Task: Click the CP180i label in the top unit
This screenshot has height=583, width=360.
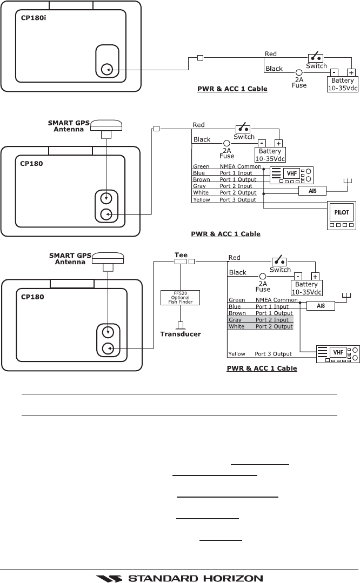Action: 30,26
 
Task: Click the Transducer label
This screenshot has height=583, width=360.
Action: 181,334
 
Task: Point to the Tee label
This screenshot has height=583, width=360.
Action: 181,254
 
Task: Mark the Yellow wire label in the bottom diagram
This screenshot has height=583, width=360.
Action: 237,354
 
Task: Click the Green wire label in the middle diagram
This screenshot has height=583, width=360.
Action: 201,166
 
